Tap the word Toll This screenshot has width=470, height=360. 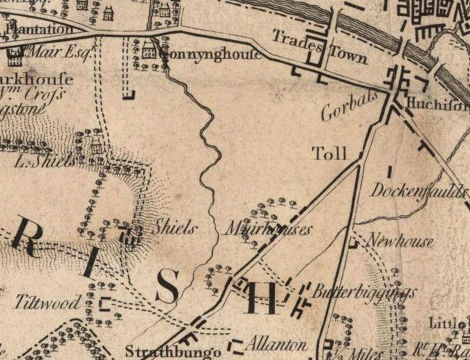pyautogui.click(x=329, y=153)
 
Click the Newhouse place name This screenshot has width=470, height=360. pyautogui.click(x=400, y=241)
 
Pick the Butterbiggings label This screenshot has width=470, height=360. pyautogui.click(x=365, y=292)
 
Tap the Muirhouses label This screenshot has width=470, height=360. pyautogui.click(x=268, y=229)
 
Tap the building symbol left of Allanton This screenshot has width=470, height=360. pyautogui.click(x=236, y=345)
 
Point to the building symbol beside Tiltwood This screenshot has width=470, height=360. pyautogui.click(x=106, y=303)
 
